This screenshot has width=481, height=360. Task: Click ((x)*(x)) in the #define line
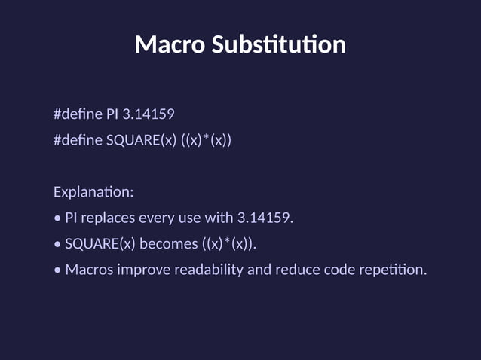pyautogui.click(x=206, y=140)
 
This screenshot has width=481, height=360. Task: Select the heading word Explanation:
pyautogui.click(x=93, y=192)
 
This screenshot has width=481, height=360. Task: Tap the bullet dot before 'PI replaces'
pyautogui.click(x=57, y=219)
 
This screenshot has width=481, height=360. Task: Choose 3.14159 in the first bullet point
pyautogui.click(x=265, y=218)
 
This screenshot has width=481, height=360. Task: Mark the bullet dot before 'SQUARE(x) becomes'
pyautogui.click(x=57, y=245)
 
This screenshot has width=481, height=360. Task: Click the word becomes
pyautogui.click(x=165, y=244)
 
